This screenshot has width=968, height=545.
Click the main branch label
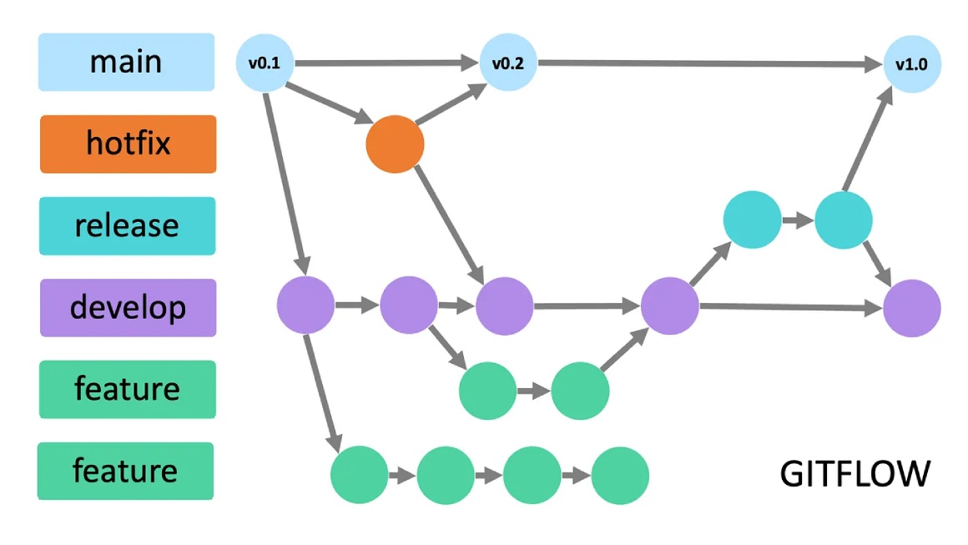(126, 62)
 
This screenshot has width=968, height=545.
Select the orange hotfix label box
(128, 144)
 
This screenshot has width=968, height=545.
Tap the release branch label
(127, 225)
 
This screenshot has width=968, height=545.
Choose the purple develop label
(128, 307)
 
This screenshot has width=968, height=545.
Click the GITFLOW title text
(855, 473)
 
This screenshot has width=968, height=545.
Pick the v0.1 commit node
(265, 63)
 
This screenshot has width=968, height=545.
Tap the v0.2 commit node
(507, 63)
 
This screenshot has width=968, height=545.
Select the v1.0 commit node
(912, 63)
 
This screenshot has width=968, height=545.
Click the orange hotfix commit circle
(395, 144)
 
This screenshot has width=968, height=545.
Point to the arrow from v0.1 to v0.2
(384, 63)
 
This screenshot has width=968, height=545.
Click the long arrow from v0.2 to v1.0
(709, 63)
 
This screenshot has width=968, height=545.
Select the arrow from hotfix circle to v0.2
(451, 103)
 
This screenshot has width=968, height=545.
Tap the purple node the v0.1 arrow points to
(305, 306)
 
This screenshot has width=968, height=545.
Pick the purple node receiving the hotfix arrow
(504, 306)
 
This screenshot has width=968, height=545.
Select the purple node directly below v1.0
(912, 308)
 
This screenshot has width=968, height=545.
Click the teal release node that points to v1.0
(844, 220)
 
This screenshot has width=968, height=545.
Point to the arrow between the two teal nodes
(798, 221)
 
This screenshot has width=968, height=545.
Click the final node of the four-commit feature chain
(620, 476)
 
